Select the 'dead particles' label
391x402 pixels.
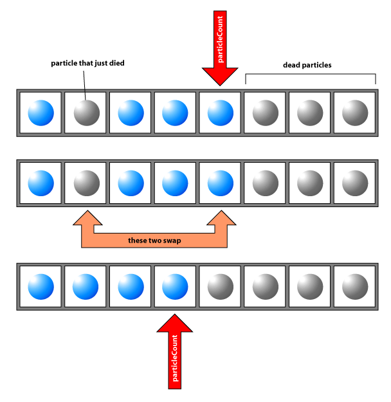pos(307,65)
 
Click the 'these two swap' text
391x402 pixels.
pos(154,240)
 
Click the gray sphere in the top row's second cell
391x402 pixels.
pos(86,113)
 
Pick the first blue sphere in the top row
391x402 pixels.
pos(41,113)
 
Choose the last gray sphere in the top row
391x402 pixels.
pos(354,113)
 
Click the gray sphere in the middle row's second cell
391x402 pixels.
pos(86,183)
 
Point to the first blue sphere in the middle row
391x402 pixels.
pos(41,183)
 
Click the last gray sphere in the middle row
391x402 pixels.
pos(354,183)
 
